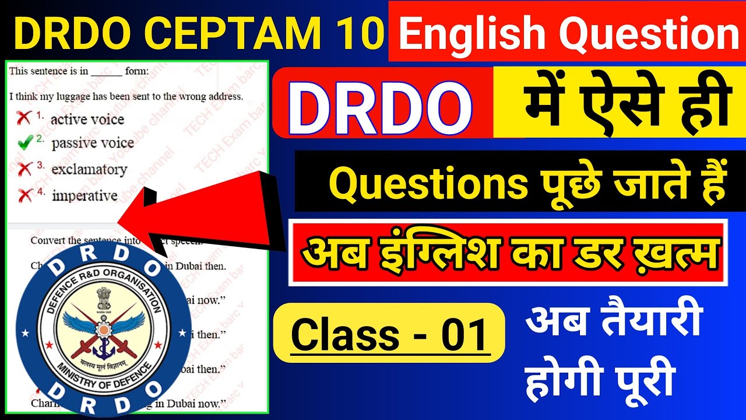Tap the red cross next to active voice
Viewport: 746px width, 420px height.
tap(24, 118)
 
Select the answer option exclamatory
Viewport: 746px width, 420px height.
tap(89, 170)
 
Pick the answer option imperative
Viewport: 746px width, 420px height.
tap(85, 196)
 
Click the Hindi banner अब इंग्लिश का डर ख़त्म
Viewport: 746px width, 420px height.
tap(507, 252)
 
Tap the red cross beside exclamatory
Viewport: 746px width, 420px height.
tap(24, 169)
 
